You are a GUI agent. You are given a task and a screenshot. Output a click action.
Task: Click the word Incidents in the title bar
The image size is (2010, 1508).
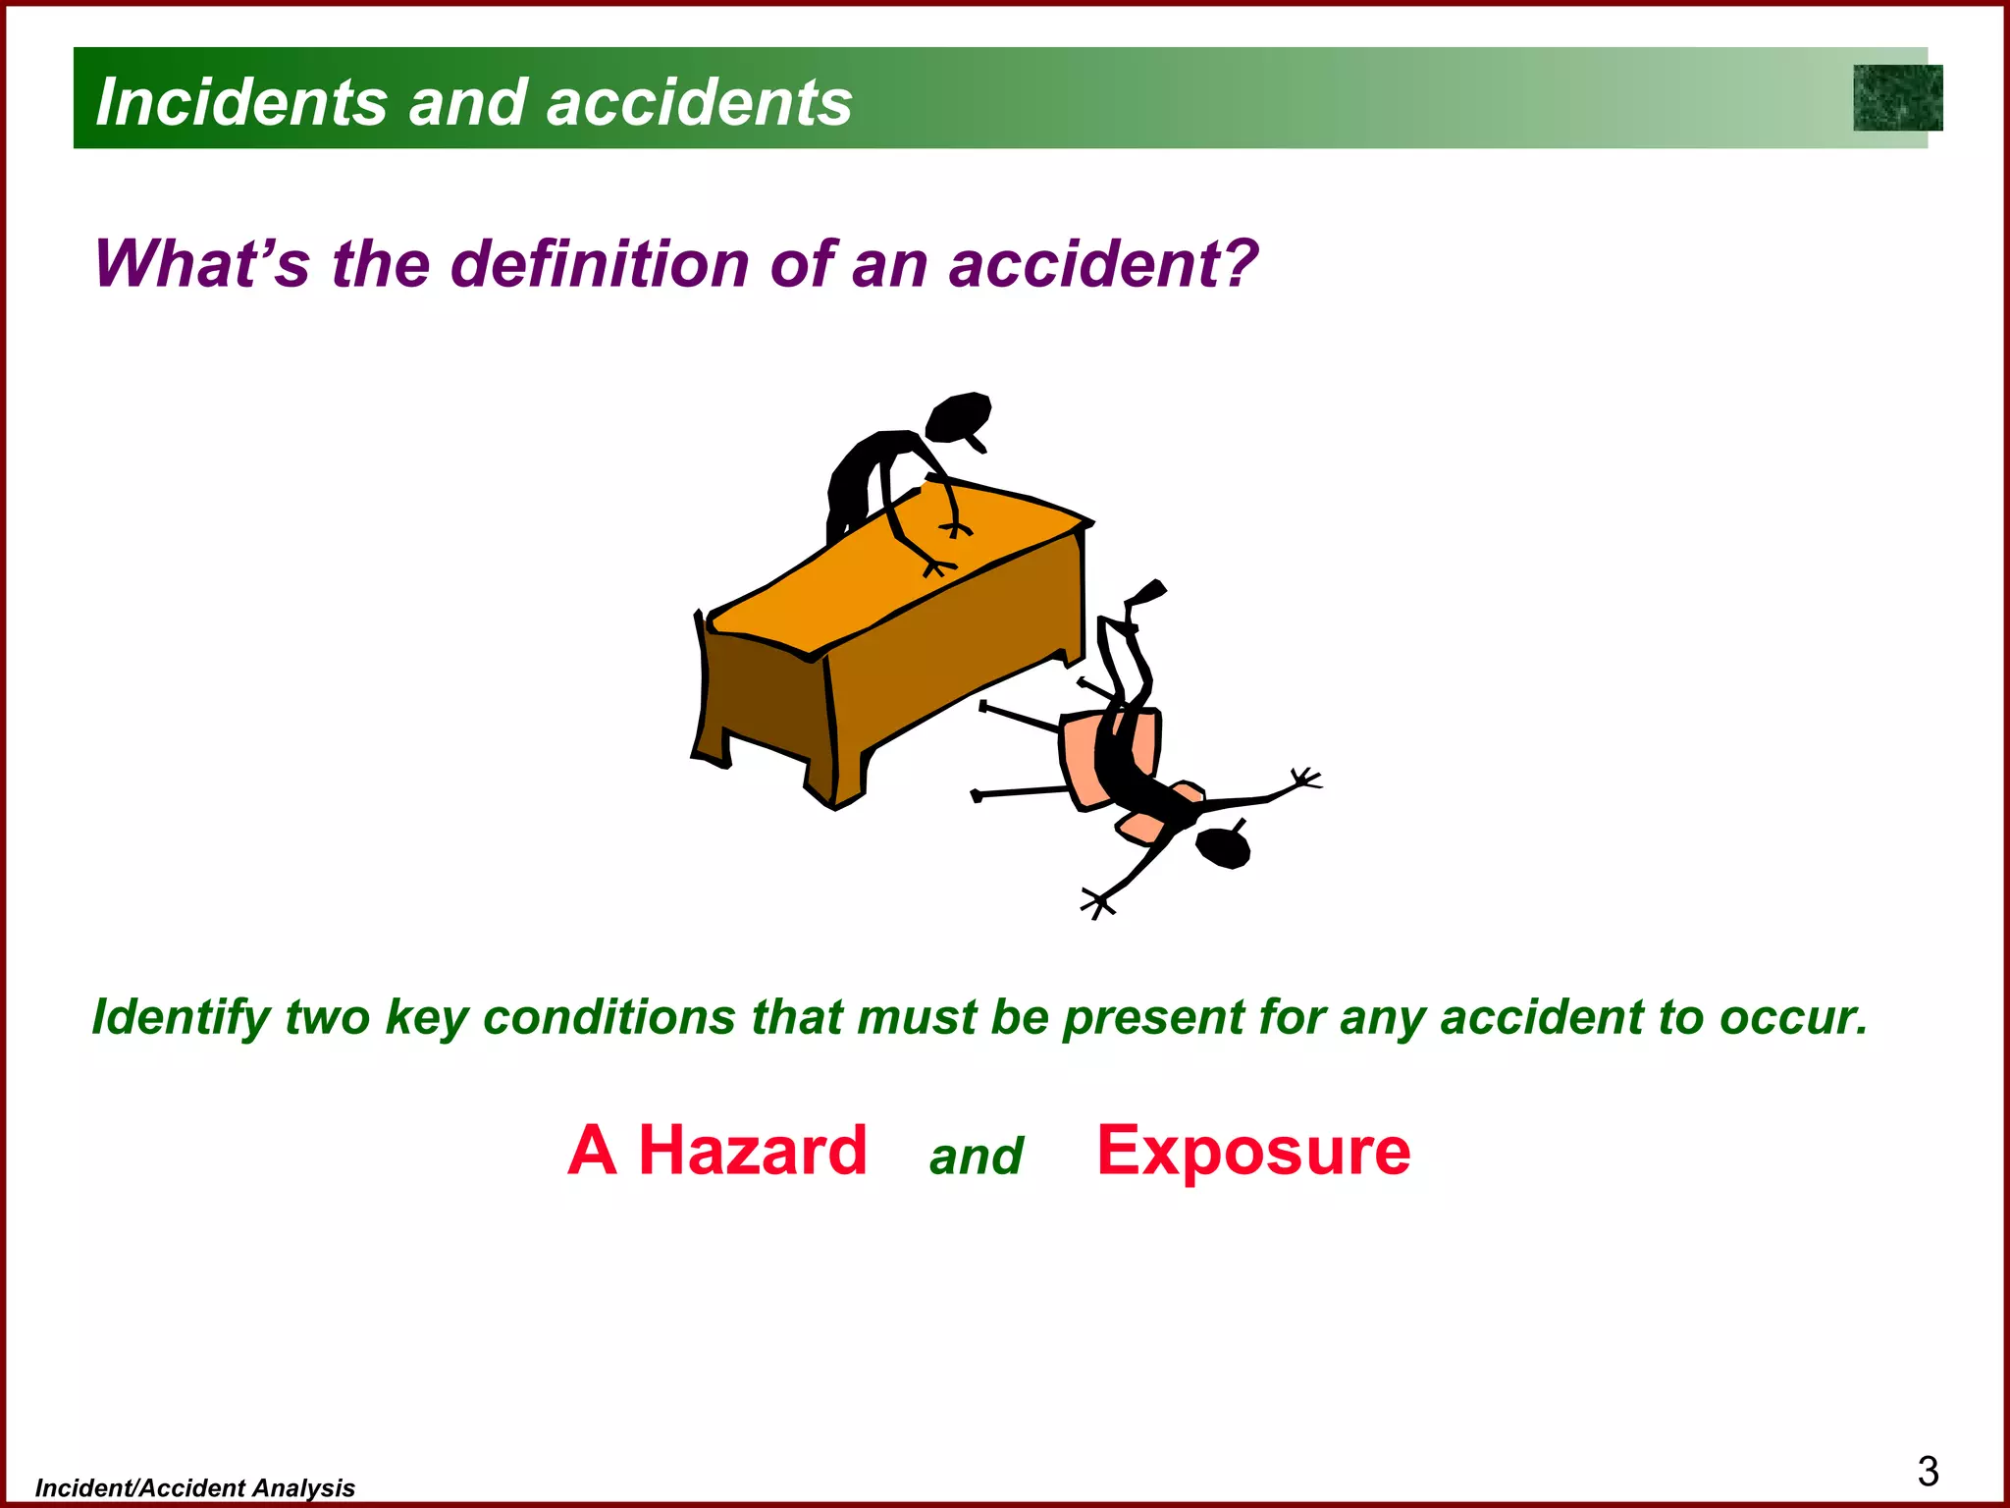[x=241, y=102]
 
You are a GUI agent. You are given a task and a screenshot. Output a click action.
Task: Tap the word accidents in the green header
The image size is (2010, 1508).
[x=699, y=102]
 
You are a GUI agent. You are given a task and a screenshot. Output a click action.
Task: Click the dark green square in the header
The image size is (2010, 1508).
[x=1897, y=98]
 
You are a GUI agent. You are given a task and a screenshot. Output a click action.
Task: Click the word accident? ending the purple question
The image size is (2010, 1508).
[x=1103, y=264]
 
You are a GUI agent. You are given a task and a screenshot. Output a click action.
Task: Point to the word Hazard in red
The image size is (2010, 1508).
[x=753, y=1151]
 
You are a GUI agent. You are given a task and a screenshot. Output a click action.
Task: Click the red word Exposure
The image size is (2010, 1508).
[x=1253, y=1151]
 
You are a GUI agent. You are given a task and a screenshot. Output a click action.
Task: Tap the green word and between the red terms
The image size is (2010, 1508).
[x=976, y=1157]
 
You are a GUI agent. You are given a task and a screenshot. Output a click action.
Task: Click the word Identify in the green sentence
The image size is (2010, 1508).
[x=181, y=1017]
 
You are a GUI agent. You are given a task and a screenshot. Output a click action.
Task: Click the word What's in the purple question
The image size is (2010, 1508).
[x=202, y=264]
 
